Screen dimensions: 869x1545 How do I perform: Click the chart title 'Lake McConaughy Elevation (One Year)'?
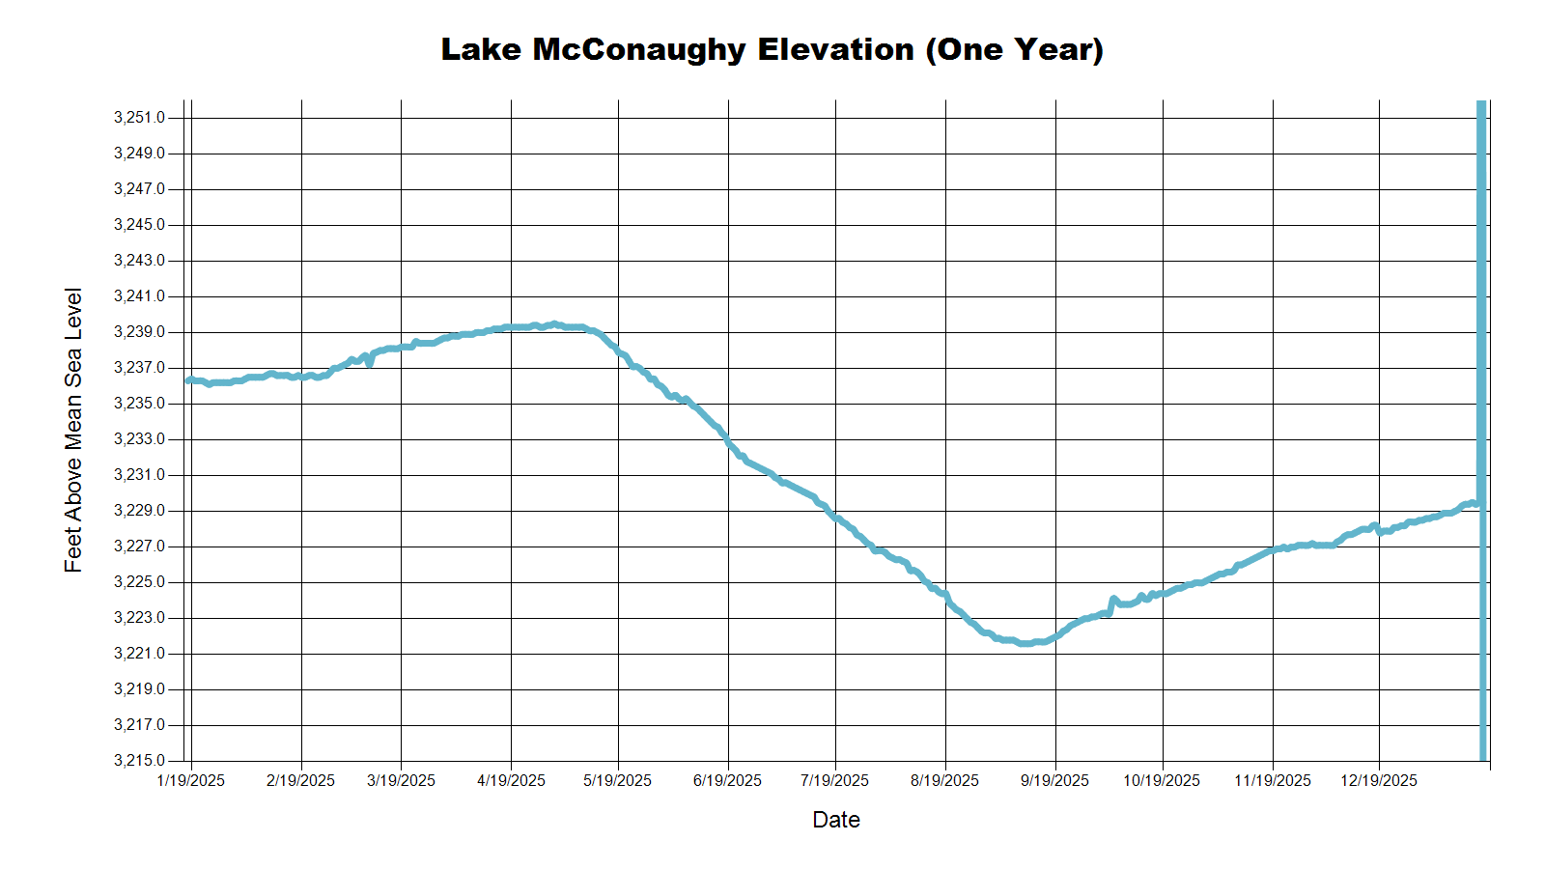[772, 49]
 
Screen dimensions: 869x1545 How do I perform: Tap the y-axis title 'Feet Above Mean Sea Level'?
[73, 430]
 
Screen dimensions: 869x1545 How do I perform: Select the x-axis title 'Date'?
[835, 820]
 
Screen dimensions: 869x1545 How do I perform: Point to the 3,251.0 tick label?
[139, 118]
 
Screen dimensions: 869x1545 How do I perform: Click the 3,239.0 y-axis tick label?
[139, 332]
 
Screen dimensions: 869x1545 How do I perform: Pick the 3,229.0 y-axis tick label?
[139, 511]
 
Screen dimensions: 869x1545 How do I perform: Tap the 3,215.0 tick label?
[139, 761]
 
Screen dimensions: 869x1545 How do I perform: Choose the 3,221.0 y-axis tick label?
[139, 654]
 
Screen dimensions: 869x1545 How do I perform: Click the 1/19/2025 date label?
[190, 780]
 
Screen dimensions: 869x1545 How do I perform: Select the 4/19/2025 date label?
[511, 780]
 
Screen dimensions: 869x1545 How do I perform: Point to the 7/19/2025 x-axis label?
[834, 780]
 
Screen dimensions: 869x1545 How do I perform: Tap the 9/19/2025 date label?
[1054, 780]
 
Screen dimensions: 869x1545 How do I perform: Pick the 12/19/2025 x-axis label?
[1378, 780]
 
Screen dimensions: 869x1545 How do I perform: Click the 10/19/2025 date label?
[1162, 780]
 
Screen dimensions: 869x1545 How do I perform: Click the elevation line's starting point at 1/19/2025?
[189, 380]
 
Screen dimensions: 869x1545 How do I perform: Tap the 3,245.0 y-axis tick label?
[139, 225]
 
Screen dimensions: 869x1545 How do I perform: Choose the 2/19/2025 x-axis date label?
[300, 780]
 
